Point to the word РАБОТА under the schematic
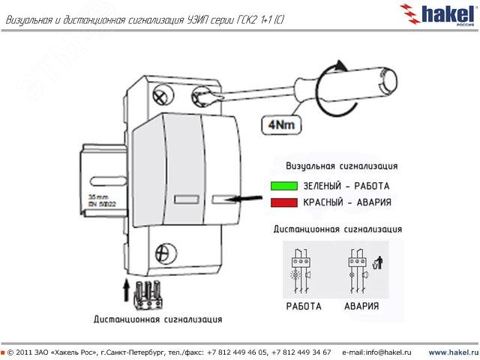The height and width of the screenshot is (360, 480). pos(304,306)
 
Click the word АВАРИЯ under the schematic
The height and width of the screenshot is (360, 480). pos(361,306)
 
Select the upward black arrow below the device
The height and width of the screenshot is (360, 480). pos(126,288)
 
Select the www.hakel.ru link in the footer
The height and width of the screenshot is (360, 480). pos(452,352)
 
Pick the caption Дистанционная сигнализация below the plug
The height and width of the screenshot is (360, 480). pos(157,319)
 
